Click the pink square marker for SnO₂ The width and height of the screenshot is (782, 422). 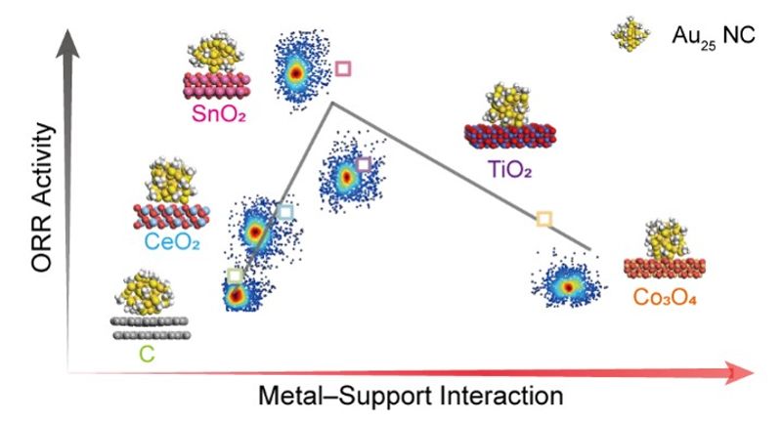coord(343,68)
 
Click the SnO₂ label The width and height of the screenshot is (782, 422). coord(219,114)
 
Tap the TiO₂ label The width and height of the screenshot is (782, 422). coord(509,169)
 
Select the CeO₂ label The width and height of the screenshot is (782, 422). coord(172,241)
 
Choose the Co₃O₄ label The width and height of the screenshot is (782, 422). coord(665,297)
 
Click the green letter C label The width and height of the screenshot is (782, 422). coord(148,354)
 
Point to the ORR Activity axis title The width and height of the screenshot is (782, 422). coord(42,197)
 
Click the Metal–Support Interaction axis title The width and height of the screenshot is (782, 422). coord(411,396)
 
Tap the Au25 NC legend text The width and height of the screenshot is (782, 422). coord(714,36)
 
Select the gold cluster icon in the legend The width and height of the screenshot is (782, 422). coord(630,33)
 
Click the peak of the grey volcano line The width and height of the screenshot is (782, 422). coord(332,104)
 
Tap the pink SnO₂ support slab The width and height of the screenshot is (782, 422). coord(216,86)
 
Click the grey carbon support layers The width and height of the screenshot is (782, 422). coord(152,328)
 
